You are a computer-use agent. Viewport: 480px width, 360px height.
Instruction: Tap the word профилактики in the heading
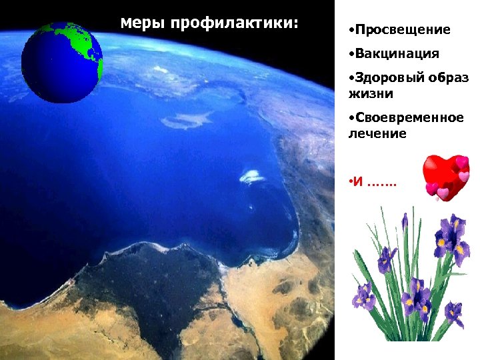coord(235,25)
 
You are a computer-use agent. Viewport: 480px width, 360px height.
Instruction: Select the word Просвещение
coord(402,30)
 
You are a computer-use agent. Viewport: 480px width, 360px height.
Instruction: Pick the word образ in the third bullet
coord(448,78)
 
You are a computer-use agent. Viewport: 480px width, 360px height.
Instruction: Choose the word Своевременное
coord(409,118)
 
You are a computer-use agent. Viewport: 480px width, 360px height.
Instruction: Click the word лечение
coord(377,133)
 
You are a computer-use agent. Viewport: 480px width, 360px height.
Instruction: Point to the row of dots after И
coord(381,183)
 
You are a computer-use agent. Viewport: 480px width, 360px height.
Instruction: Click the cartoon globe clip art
coord(62,62)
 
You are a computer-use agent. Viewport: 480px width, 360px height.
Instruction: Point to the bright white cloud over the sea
coord(252,176)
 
